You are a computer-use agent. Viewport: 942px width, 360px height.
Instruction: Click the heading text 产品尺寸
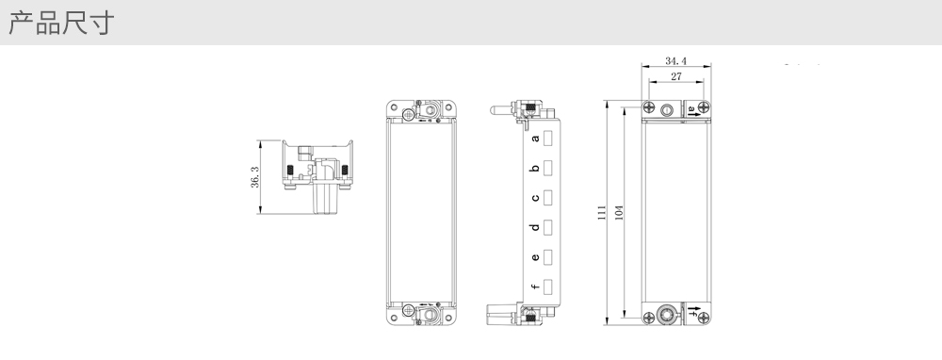pos(61,23)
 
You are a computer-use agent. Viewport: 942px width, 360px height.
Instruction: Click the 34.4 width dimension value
pos(675,60)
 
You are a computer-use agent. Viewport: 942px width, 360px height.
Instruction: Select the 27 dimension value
pos(676,76)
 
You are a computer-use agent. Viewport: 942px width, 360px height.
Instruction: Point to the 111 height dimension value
pos(601,213)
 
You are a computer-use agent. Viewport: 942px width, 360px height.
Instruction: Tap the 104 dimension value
pos(619,213)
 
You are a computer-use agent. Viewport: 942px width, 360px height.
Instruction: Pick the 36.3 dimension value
pos(254,177)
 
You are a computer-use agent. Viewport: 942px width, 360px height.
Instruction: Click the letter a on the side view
pos(535,139)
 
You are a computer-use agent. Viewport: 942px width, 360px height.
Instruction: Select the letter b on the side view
pos(535,169)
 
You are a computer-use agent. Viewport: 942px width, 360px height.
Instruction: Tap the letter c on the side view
pos(535,198)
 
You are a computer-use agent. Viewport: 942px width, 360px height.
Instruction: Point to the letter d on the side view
pos(535,227)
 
